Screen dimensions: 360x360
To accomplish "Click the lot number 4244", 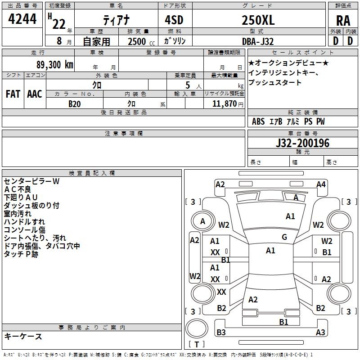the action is click(22, 19).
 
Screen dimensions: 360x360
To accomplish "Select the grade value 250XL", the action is click(258, 20).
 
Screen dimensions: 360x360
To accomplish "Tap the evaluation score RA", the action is click(343, 21).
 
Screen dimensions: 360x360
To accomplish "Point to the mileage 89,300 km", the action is click(55, 65).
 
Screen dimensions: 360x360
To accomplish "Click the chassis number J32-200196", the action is click(302, 143).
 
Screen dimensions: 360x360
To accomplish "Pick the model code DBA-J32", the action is click(258, 41).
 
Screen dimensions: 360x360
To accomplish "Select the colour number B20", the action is click(75, 104).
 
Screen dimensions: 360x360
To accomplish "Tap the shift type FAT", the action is click(13, 94).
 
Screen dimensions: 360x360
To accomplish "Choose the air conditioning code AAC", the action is click(35, 94).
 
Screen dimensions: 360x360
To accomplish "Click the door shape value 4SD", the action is click(174, 20).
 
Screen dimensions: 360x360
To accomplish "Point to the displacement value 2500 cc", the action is click(141, 41).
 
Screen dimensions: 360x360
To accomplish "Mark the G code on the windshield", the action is click(284, 237).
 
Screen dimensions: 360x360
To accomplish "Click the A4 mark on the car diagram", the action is click(321, 184).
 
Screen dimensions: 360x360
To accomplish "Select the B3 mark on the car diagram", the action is click(221, 332).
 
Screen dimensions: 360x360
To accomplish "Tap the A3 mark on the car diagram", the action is click(320, 332).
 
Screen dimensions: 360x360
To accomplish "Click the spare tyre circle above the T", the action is click(197, 328).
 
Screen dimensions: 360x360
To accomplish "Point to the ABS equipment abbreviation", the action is click(258, 121).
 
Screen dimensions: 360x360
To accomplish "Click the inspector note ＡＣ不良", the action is click(18, 189).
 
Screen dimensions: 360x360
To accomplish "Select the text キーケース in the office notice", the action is click(23, 336).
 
